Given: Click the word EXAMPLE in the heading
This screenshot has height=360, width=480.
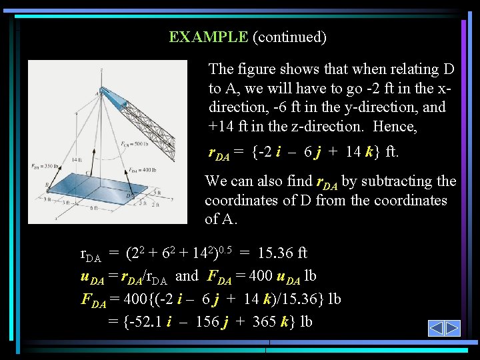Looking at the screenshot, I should [208, 37].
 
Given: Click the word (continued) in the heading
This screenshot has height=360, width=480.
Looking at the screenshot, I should [289, 37].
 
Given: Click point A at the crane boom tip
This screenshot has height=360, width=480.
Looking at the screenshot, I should [97, 94].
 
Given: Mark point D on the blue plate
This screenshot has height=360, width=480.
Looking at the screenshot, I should [131, 194].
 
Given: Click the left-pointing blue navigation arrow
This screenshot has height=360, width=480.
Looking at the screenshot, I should [436, 328].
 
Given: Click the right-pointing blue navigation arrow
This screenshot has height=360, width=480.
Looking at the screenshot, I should [453, 328].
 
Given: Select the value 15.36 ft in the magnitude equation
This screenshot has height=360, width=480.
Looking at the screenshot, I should [282, 253].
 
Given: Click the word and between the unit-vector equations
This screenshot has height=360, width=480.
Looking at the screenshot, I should [187, 275].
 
